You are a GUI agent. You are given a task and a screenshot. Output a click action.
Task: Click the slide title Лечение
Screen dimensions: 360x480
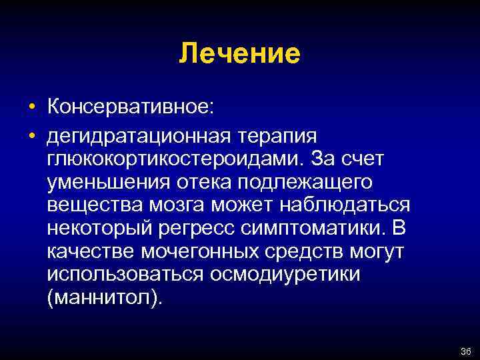coord(239,54)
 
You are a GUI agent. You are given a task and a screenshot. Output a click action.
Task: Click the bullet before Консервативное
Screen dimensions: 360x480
coord(31,107)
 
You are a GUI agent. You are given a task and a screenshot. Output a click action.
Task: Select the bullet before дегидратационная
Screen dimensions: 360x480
coord(31,135)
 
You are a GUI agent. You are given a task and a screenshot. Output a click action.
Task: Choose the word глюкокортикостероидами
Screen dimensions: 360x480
coord(173,159)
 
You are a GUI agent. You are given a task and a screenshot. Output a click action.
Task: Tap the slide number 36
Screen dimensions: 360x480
coord(465,351)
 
